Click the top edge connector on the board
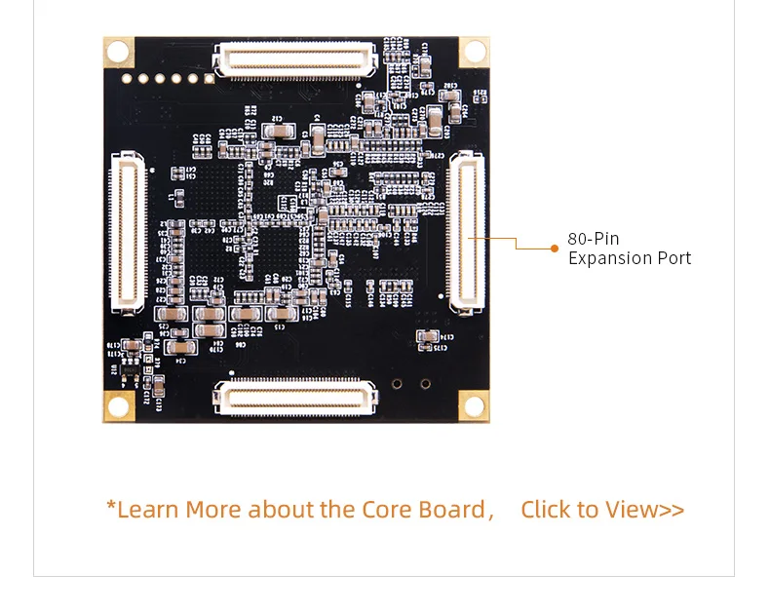click(x=296, y=59)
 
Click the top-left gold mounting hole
click(x=118, y=52)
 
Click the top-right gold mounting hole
click(x=474, y=52)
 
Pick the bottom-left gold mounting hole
click(x=118, y=406)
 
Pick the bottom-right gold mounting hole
click(x=474, y=406)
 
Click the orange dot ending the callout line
click(x=555, y=249)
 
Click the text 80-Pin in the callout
click(x=593, y=239)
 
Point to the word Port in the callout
click(x=674, y=258)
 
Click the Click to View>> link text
click(x=602, y=510)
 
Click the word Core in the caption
click(x=388, y=510)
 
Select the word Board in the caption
click(x=452, y=510)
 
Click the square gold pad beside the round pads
click(x=209, y=77)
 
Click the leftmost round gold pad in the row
click(x=126, y=78)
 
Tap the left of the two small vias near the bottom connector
click(x=398, y=384)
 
